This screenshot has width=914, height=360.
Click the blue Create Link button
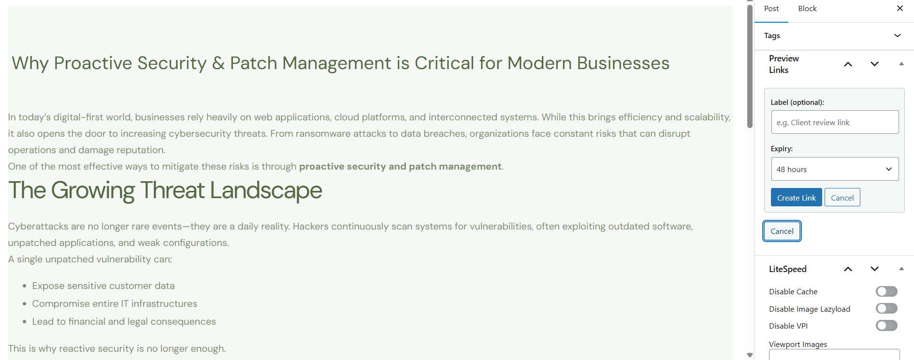coord(796,197)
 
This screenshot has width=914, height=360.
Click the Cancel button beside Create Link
coord(842,197)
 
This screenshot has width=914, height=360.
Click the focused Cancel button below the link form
coord(782,231)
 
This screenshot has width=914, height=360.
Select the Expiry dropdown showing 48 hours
coord(835,169)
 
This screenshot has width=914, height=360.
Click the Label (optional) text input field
coord(835,122)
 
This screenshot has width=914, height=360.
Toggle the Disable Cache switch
coord(886,291)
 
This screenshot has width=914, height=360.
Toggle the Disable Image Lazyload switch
coord(886,308)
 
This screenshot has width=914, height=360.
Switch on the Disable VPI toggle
coord(886,326)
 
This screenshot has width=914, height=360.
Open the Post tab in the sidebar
coord(771,9)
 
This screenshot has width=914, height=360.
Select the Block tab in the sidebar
coord(807,9)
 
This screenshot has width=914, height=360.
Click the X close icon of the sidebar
coord(899,8)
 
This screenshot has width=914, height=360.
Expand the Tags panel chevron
coord(898,35)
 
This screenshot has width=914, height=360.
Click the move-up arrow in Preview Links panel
coord(848,64)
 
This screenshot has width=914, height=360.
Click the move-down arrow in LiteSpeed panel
coord(874,269)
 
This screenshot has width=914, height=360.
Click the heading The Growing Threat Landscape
coord(165,190)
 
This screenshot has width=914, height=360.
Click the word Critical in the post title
coord(444,63)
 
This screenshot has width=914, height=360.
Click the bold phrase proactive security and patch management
coord(400,167)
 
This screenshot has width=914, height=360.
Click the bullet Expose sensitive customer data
coord(103,286)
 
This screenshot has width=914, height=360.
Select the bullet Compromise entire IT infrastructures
coord(115,303)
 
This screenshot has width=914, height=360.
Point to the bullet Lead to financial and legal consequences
coord(124,321)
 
